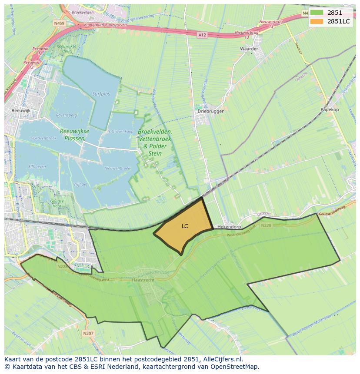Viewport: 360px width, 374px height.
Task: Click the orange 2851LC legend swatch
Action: [x=317, y=21]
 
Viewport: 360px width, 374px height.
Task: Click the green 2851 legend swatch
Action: [x=317, y=13]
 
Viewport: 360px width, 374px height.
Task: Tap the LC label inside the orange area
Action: [x=185, y=226]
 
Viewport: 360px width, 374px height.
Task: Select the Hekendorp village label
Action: [x=229, y=227]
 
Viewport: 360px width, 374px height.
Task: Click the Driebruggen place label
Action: [x=211, y=111]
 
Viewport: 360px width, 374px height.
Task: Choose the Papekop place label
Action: [x=329, y=109]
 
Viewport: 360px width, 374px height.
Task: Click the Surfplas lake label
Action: [x=101, y=93]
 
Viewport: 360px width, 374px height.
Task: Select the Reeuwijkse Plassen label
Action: [x=74, y=135]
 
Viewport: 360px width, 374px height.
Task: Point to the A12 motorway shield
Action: [x=201, y=35]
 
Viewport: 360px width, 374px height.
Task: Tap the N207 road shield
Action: [x=87, y=333]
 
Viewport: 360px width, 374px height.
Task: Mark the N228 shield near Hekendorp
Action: [x=266, y=225]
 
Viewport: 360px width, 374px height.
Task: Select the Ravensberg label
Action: [x=66, y=115]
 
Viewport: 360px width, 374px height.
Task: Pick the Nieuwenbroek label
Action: [x=117, y=168]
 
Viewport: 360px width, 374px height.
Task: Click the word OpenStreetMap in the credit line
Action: [x=237, y=367]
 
